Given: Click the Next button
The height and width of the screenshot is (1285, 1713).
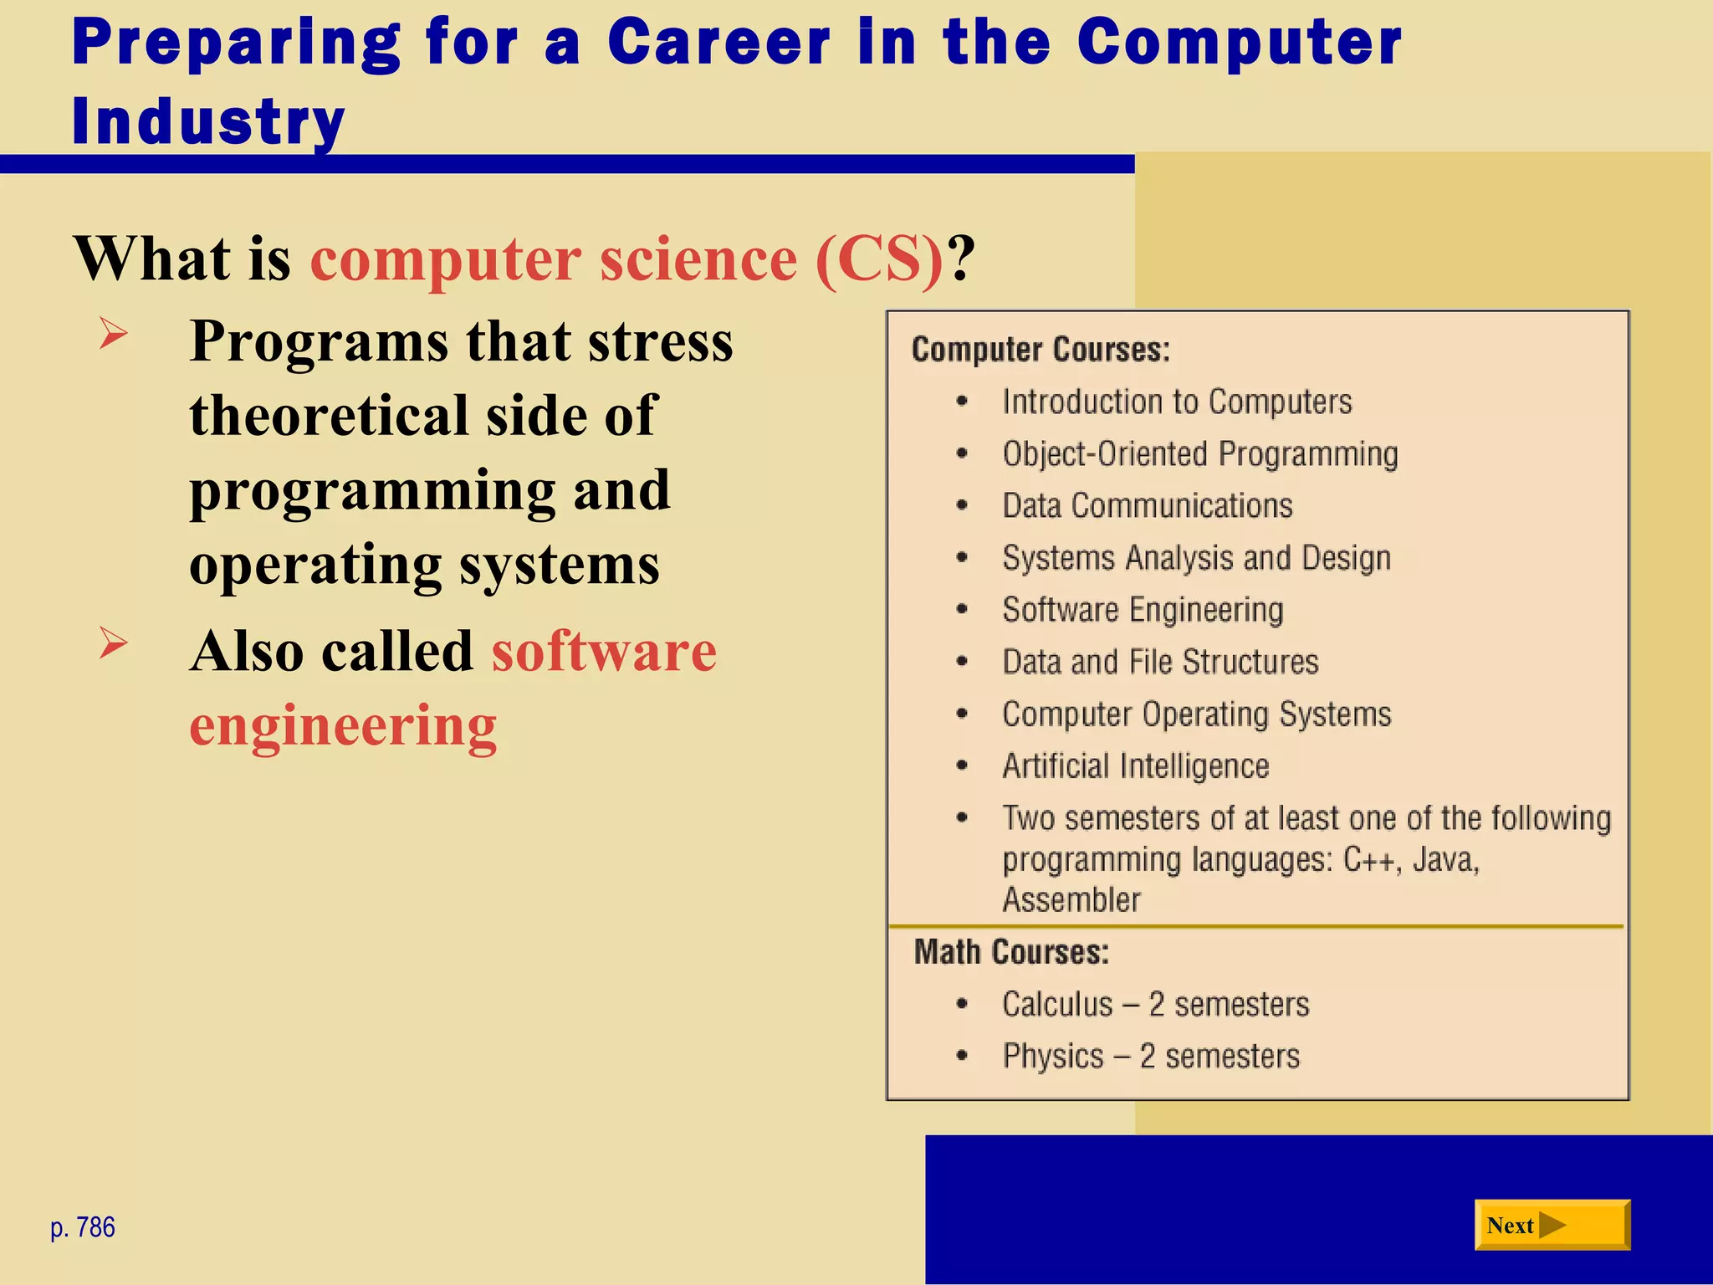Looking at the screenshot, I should point(1552,1225).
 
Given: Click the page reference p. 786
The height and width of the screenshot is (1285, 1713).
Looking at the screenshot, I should point(82,1227).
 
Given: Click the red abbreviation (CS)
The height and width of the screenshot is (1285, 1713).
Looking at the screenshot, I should point(879,259).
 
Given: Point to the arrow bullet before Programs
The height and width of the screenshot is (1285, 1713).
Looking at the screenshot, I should point(113,334).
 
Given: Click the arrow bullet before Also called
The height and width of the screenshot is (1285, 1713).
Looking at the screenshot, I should point(113,642).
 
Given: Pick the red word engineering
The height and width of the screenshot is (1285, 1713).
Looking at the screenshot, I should point(343,724).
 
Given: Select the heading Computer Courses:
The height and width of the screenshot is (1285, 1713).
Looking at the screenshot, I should point(1041,350).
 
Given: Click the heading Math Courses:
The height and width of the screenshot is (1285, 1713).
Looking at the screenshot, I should point(1011,952).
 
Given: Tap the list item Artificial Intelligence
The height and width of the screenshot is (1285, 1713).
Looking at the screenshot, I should point(1135,766).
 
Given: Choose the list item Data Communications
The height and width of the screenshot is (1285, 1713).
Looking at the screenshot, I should point(1147,506).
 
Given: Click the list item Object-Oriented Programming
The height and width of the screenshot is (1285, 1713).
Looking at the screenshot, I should point(1199,454).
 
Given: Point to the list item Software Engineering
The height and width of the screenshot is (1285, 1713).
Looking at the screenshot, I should point(1143,610).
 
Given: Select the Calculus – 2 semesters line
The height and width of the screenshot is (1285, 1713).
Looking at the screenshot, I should point(1155,1004).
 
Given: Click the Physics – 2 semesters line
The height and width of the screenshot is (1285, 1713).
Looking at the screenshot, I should point(1151,1056).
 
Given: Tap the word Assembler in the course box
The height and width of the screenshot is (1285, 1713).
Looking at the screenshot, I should point(1071,900).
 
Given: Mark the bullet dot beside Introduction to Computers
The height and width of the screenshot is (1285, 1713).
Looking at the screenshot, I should point(962,402).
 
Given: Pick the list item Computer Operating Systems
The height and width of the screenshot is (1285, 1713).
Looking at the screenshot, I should point(1196,714).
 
